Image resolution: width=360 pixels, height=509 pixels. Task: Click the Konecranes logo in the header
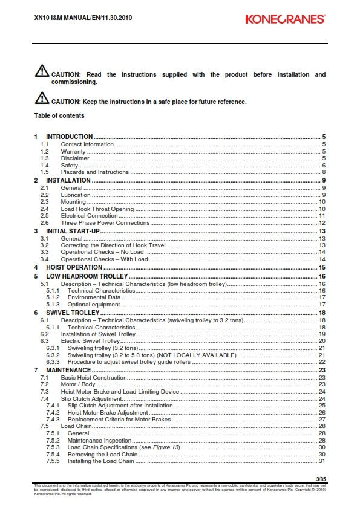(285, 19)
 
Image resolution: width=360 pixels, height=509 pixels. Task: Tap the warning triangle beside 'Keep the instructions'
(42, 99)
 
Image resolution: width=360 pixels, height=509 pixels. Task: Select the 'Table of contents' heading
(59, 115)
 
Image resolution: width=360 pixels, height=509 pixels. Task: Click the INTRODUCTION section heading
(69, 137)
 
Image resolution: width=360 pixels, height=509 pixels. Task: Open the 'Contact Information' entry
(87, 144)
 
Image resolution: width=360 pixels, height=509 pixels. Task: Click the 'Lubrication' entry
(76, 195)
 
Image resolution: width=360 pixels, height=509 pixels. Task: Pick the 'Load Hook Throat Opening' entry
(97, 209)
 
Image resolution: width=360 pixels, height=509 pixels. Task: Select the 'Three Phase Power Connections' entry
(105, 223)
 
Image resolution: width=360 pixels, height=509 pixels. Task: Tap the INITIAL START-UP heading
(73, 231)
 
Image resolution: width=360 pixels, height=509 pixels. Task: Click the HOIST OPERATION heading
(74, 267)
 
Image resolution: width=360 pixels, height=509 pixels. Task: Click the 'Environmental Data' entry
(93, 297)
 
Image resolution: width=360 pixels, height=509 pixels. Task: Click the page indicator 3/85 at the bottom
(321, 479)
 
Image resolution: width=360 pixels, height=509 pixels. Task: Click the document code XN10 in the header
(41, 18)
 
